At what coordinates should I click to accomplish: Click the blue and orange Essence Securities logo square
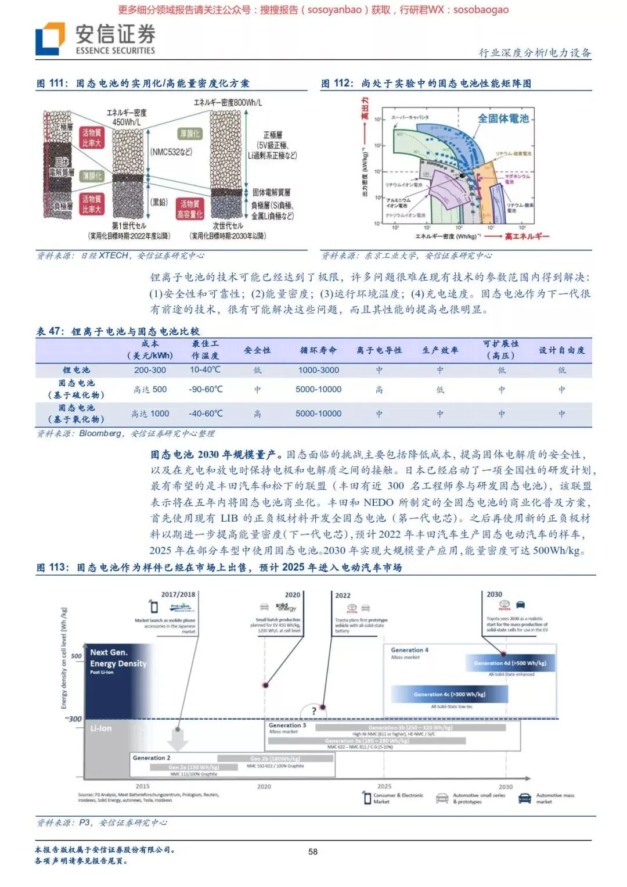50,39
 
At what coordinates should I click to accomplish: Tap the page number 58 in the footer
313,852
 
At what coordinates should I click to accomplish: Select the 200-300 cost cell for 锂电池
150,370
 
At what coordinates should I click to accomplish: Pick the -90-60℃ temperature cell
206,389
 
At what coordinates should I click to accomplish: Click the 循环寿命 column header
318,350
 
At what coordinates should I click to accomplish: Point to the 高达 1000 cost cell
150,414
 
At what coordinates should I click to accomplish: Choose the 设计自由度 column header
561,350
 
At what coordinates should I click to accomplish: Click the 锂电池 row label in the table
76,370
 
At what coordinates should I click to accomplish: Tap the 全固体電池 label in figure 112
503,118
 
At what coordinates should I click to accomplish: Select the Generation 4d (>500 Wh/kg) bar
510,663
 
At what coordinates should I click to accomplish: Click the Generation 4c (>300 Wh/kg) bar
449,694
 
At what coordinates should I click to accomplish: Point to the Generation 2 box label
152,757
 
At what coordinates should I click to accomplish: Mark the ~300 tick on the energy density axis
73,719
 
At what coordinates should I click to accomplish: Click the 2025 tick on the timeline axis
384,786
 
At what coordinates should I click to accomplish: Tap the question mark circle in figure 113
314,710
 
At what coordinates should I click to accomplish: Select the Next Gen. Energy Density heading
118,658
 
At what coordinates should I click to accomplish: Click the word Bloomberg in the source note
100,433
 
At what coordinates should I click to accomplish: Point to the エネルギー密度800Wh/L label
228,103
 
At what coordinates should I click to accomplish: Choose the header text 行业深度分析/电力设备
535,53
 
